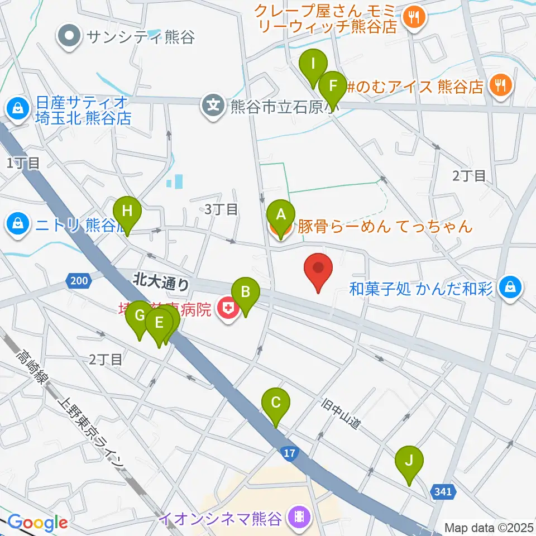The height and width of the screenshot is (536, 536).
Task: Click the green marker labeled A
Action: click(x=280, y=214)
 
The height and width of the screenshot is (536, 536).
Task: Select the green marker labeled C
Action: click(x=276, y=403)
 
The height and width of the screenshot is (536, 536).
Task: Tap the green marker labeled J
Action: click(x=409, y=462)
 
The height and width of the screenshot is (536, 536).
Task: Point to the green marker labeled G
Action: click(x=140, y=316)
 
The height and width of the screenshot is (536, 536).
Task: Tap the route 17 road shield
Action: click(x=288, y=453)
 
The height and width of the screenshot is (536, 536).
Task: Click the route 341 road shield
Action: click(x=444, y=492)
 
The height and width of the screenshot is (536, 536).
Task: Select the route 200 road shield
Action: click(x=78, y=280)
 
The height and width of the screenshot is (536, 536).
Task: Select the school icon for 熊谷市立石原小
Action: click(x=214, y=104)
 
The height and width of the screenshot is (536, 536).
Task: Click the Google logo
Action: click(x=38, y=523)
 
